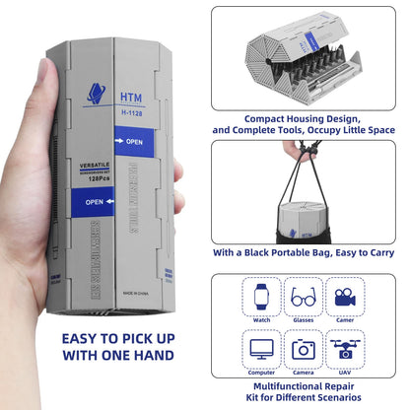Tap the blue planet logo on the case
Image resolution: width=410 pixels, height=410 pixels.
pyautogui.click(x=97, y=94)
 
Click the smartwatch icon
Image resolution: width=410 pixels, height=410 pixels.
pyautogui.click(x=260, y=296)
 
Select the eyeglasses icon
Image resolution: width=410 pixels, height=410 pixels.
pyautogui.click(x=303, y=296)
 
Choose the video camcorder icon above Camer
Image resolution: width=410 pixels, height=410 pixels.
pyautogui.click(x=345, y=296)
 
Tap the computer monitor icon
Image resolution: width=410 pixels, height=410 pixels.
pyautogui.click(x=260, y=348)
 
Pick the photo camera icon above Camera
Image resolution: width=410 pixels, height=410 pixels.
pyautogui.click(x=303, y=348)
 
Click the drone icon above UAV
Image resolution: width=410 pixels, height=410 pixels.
pyautogui.click(x=345, y=349)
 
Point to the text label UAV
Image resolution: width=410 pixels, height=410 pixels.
pyautogui.click(x=345, y=374)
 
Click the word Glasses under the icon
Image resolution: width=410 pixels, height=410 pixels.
pyautogui.click(x=303, y=318)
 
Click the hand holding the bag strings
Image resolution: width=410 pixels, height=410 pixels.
pyautogui.click(x=293, y=149)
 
